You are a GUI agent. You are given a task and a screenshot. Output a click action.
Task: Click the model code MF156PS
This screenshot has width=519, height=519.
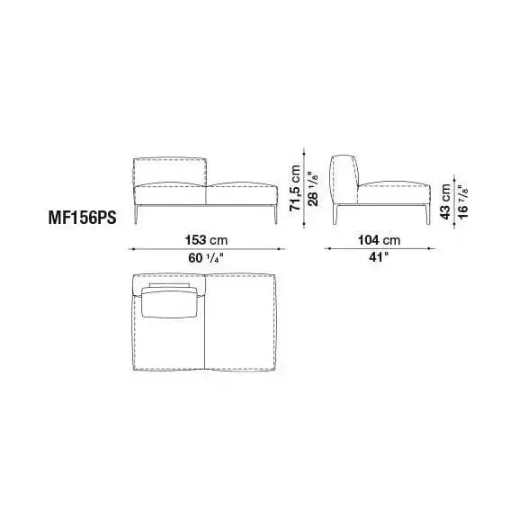point(83,219)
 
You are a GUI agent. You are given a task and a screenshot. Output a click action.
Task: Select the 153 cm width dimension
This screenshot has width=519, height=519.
point(206,240)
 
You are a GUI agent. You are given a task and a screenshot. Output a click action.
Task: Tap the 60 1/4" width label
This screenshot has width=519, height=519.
point(206,258)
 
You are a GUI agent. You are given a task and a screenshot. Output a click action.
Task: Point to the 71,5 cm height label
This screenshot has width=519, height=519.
point(294,188)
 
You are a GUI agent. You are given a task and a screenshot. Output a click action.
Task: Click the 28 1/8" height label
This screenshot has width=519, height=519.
point(313,188)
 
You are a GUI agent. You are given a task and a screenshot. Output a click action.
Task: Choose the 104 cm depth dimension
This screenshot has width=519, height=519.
point(379,240)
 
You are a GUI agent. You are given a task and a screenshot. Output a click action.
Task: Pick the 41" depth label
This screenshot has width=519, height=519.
point(379,257)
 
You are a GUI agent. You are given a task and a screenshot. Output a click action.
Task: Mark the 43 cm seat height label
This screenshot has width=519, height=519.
point(445,201)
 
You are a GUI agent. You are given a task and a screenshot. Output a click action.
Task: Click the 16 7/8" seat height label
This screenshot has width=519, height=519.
point(463,201)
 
